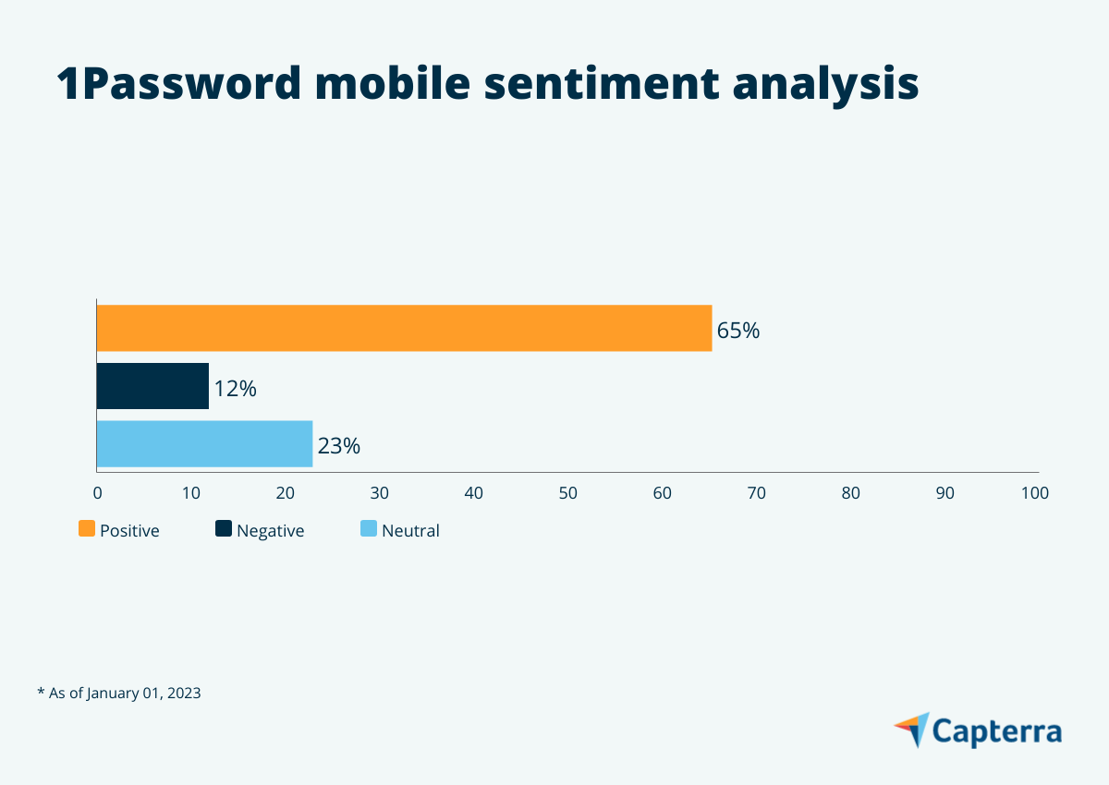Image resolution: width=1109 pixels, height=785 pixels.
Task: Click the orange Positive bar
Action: coord(404,328)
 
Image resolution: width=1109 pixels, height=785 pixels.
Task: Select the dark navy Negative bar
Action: coord(152,386)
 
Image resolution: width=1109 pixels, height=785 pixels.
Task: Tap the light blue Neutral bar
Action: coord(204,444)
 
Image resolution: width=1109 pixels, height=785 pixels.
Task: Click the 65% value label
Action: coord(737,331)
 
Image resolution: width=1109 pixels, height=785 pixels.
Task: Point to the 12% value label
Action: coord(235,389)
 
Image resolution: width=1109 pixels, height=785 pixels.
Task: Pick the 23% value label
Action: coord(338,447)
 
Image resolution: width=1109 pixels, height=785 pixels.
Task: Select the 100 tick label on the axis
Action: coord(1034,493)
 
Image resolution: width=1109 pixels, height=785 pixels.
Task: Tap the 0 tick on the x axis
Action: coord(97,493)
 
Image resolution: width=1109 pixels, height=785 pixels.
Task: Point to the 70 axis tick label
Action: coord(756,493)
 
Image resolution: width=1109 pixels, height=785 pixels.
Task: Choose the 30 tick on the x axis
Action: coord(379,493)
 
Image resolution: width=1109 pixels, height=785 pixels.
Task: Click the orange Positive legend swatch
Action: coord(87,529)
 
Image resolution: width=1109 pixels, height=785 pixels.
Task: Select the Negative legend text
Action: coord(270,531)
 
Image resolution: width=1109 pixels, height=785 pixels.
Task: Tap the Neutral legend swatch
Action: coord(369,529)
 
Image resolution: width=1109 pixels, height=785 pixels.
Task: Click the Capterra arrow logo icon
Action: coord(913,730)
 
